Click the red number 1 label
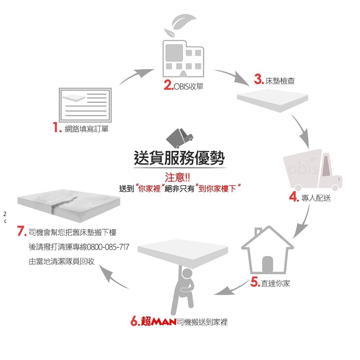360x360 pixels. (x=56, y=128)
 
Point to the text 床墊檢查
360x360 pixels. (x=280, y=81)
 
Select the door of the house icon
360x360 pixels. (x=267, y=265)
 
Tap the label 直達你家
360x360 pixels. (x=275, y=284)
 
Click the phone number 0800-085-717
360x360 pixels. (x=108, y=247)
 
